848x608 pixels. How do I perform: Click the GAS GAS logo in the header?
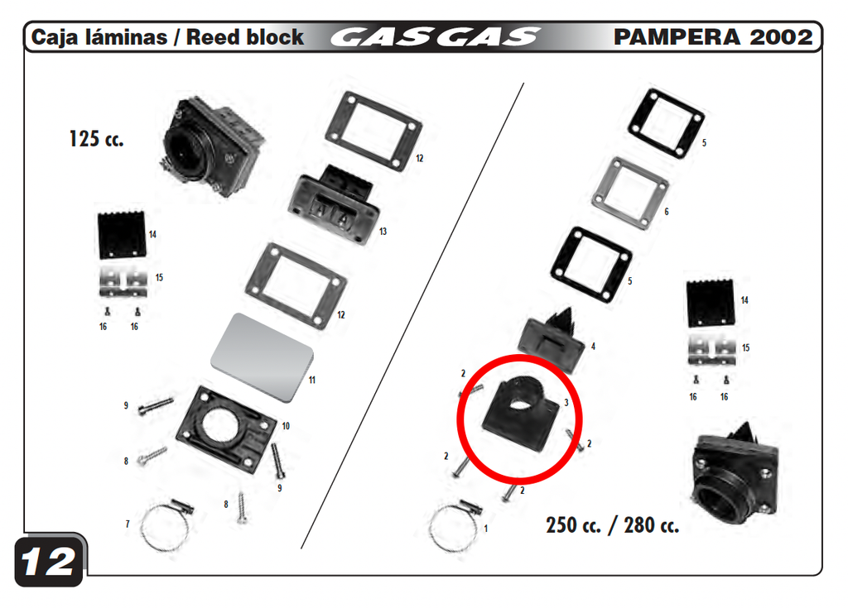click(x=435, y=37)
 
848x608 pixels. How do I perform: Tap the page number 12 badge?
click(x=49, y=562)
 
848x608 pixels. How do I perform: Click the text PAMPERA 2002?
click(x=713, y=36)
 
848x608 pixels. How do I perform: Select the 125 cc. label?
click(x=96, y=139)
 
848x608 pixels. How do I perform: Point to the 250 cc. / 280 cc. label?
click(x=612, y=524)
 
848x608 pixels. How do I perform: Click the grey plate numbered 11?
click(x=263, y=357)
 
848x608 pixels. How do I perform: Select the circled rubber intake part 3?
click(x=520, y=414)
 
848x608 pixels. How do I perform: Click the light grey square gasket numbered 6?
click(x=630, y=193)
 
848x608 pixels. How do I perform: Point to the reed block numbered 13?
click(x=333, y=205)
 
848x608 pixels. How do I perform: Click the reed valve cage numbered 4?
click(x=552, y=338)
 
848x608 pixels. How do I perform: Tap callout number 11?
click(x=312, y=381)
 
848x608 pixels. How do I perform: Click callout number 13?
click(x=383, y=232)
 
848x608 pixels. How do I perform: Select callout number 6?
click(x=667, y=212)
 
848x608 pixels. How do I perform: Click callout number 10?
click(x=286, y=426)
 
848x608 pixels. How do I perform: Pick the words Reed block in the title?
click(x=245, y=37)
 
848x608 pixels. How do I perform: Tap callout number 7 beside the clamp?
click(x=128, y=524)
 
